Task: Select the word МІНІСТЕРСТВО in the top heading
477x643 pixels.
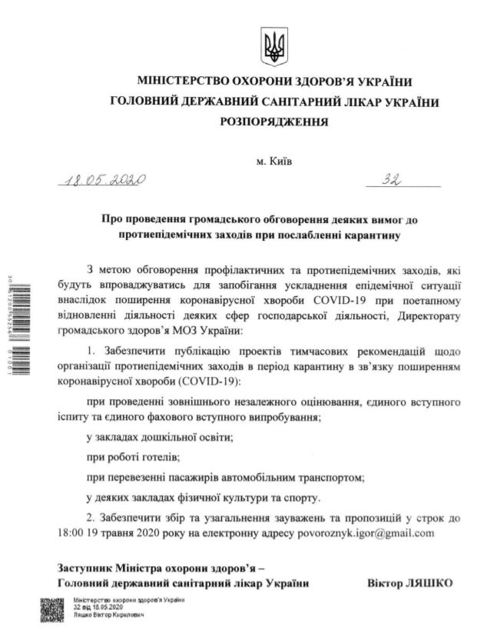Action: coord(187,82)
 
